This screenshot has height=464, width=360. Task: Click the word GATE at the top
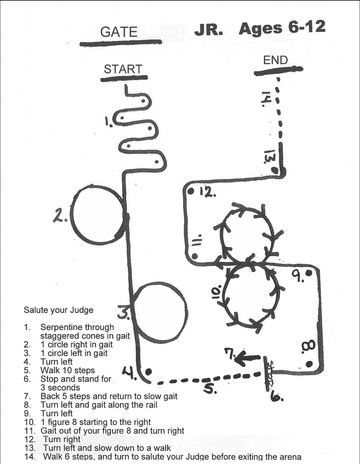click(119, 32)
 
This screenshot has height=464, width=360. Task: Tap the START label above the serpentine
click(123, 69)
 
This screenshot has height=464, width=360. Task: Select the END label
click(275, 60)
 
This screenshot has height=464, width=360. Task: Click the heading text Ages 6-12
click(282, 28)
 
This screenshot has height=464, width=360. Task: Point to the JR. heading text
click(209, 30)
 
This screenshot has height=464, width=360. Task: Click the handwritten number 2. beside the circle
click(60, 215)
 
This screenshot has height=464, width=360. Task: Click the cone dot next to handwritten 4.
click(148, 372)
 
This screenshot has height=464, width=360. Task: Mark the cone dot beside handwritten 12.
click(191, 191)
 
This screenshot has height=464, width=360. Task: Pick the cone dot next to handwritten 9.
click(309, 273)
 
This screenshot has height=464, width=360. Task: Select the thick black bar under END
click(278, 70)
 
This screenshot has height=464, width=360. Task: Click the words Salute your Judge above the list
click(58, 310)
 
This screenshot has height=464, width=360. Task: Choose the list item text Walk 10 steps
click(67, 370)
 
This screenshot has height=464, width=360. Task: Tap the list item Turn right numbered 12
click(62, 439)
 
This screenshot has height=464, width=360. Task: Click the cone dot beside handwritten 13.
click(274, 170)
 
